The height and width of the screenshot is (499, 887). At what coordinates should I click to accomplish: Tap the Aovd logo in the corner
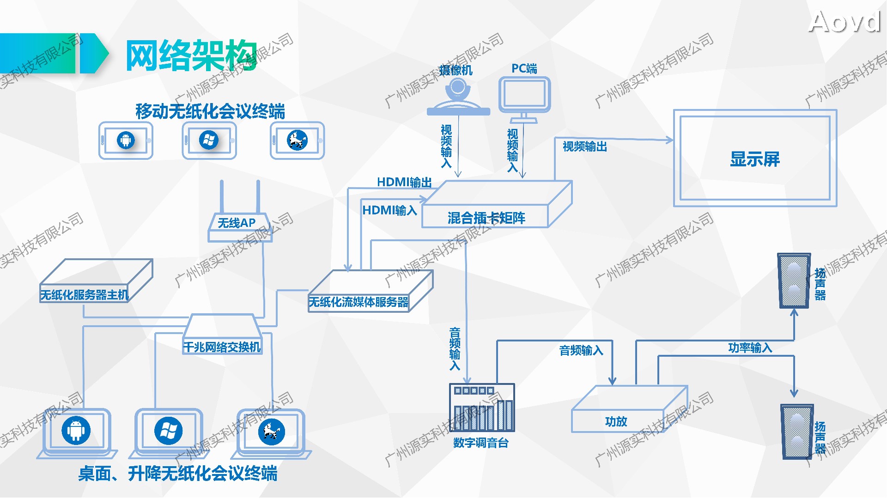pyautogui.click(x=844, y=22)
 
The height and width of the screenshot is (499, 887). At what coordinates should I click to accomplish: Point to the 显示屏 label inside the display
pyautogui.click(x=755, y=159)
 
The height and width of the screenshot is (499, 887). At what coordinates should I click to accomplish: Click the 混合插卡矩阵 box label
pyautogui.click(x=486, y=218)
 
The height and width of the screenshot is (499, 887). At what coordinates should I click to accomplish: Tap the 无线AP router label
pyautogui.click(x=237, y=223)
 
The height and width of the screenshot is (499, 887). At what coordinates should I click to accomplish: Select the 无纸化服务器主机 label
pyautogui.click(x=84, y=295)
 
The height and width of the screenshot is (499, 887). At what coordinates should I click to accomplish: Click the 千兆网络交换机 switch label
pyautogui.click(x=222, y=347)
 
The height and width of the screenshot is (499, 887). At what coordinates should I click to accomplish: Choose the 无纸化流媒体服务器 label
pyautogui.click(x=358, y=302)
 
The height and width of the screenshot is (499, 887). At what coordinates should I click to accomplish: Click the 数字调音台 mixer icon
pyautogui.click(x=482, y=408)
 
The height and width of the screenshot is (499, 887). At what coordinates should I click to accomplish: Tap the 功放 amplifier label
pyautogui.click(x=616, y=421)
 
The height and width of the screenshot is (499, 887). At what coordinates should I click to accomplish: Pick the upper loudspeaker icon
pyautogui.click(x=794, y=280)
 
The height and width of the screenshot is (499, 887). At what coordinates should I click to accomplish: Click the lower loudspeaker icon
pyautogui.click(x=797, y=432)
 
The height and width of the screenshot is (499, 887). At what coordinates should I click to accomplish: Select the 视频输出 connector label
pyautogui.click(x=585, y=147)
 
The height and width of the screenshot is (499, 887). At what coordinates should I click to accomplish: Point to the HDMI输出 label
pyautogui.click(x=404, y=183)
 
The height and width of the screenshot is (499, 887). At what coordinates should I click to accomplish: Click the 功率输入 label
pyautogui.click(x=750, y=347)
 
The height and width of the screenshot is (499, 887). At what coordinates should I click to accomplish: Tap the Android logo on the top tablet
pyautogui.click(x=126, y=140)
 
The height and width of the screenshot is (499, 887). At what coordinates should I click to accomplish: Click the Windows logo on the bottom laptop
pyautogui.click(x=168, y=431)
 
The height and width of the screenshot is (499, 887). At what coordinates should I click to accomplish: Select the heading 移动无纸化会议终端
pyautogui.click(x=210, y=111)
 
